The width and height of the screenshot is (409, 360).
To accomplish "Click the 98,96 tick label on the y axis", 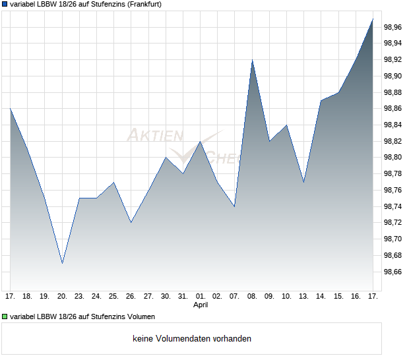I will [x=393, y=27].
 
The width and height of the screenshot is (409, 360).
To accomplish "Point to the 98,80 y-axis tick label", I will [x=393, y=158].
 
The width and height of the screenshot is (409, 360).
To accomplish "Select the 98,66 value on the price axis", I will [x=393, y=272].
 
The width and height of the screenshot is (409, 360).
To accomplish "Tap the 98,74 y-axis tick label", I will [x=393, y=206].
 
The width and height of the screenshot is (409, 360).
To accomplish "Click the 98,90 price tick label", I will [x=393, y=76].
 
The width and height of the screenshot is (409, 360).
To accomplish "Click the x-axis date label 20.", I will [x=61, y=297].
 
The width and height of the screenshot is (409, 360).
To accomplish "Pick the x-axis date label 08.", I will [x=252, y=297].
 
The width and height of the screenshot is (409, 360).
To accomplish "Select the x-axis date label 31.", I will [x=183, y=297].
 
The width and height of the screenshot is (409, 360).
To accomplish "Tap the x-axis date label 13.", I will [x=303, y=297].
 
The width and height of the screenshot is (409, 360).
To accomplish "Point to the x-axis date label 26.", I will [x=131, y=297].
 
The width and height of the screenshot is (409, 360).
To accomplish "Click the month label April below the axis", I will [x=201, y=305].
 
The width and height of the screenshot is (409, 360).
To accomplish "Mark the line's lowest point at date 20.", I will [x=62, y=263].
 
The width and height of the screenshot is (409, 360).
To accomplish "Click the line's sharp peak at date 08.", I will [x=252, y=60].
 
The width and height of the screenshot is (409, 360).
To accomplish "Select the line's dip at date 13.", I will [x=303, y=182].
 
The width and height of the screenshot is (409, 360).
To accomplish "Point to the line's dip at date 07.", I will [x=234, y=206].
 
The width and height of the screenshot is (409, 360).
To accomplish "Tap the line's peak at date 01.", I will [x=201, y=141].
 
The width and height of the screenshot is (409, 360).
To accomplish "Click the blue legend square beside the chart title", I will [x=5, y=5].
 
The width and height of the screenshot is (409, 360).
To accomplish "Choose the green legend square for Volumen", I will [x=5, y=317].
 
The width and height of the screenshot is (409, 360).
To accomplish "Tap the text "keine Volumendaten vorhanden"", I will [x=192, y=339].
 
